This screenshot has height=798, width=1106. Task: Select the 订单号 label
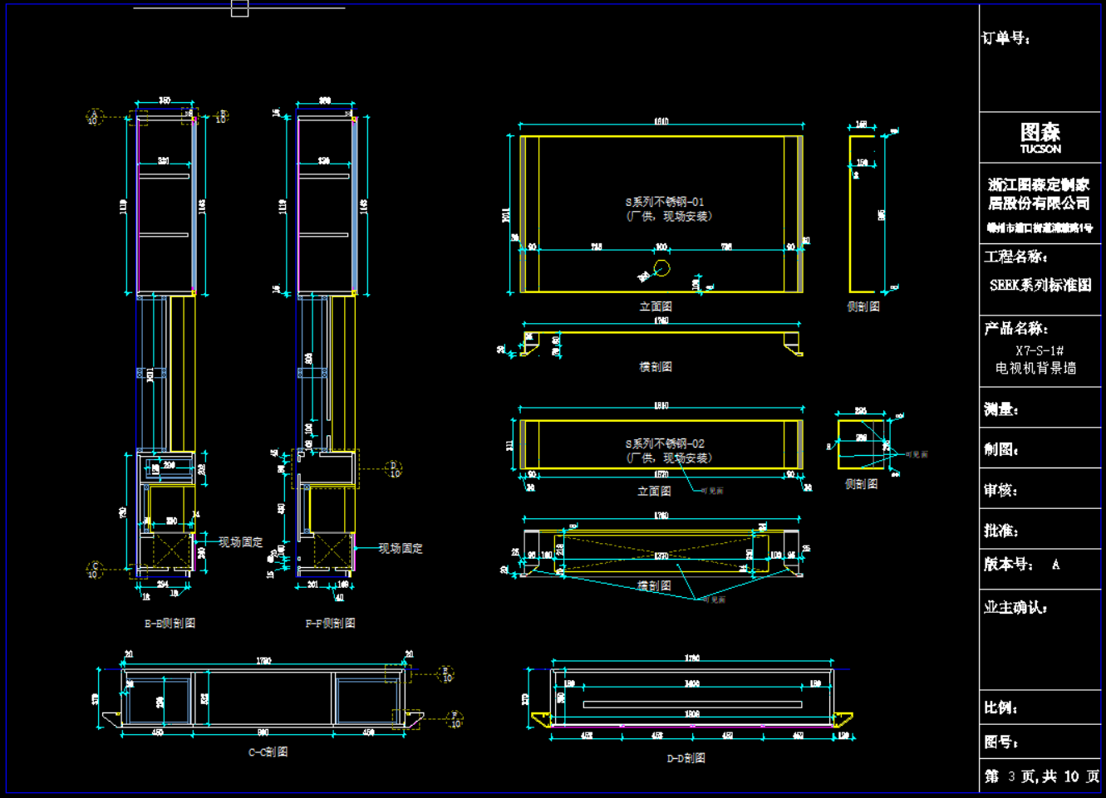coord(1005,38)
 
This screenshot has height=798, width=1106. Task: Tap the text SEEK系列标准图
coord(1040,285)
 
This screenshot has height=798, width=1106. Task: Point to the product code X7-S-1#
coord(1039,350)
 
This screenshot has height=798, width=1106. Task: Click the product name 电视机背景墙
coord(1035,368)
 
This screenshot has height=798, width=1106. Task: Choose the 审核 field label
coord(1000,490)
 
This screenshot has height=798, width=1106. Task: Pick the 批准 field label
coord(1000,531)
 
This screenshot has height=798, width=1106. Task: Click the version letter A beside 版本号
coord(1055,565)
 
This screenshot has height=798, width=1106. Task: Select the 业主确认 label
coord(1015,608)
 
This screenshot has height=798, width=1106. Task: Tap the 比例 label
coord(1000,707)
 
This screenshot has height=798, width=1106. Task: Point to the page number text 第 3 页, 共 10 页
coord(1042,776)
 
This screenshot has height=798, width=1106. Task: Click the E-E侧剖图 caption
coord(170,624)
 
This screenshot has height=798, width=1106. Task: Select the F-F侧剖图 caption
coord(330,624)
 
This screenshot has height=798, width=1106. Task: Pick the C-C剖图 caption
coord(268,752)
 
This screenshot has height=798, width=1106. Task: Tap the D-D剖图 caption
coord(686,758)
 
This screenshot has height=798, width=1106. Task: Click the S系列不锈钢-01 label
coord(664,202)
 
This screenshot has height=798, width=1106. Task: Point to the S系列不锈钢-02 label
coord(664,444)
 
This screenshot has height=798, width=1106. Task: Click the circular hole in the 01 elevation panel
coord(661,268)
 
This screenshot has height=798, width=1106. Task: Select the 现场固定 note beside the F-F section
coord(401,549)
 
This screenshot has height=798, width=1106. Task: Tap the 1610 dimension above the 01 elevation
coord(661,122)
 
